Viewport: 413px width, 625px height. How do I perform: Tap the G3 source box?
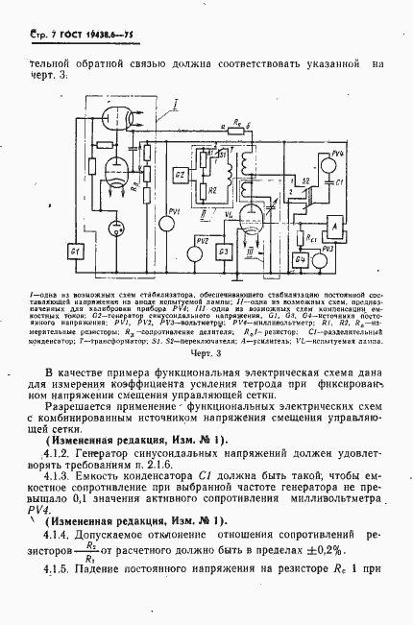pyautogui.click(x=224, y=252)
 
